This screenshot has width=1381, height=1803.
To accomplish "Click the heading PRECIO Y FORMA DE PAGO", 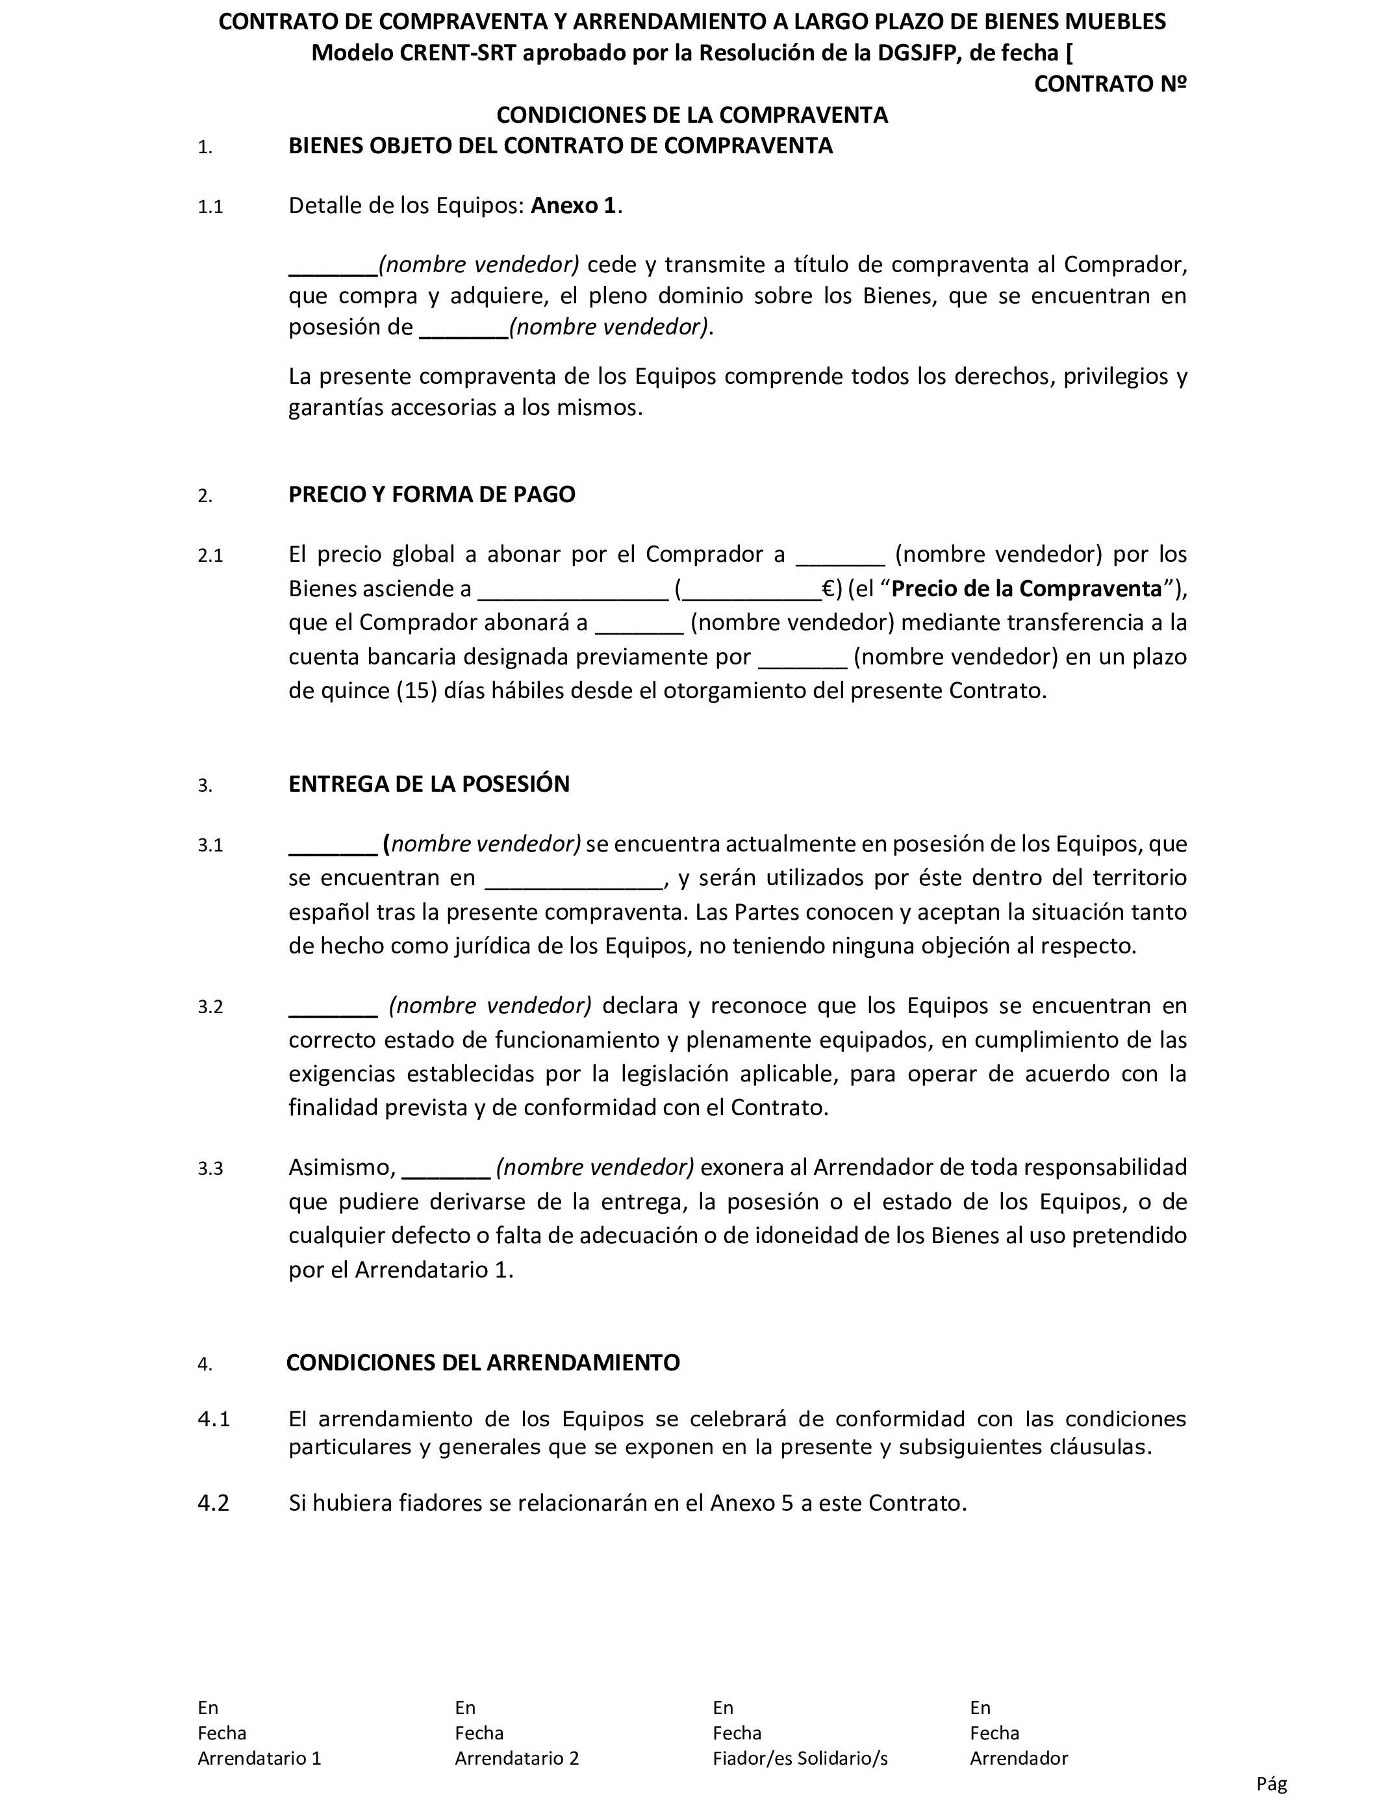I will (x=431, y=495).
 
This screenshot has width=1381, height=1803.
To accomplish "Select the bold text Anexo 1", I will (x=573, y=205).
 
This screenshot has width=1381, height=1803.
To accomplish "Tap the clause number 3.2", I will (x=210, y=1007).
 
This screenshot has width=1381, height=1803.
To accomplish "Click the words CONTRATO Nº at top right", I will (x=1109, y=84).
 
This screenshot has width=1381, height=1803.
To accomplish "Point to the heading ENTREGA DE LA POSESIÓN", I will (x=428, y=784).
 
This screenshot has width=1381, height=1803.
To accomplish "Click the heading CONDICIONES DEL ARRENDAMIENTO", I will (x=483, y=1363).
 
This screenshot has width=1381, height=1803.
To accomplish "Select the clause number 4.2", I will (x=213, y=1503).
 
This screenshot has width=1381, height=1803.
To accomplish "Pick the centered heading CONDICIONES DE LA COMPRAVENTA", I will (x=692, y=115).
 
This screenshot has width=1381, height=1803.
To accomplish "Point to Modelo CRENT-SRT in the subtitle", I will (x=414, y=53).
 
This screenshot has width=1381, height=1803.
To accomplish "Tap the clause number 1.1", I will (x=210, y=207).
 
